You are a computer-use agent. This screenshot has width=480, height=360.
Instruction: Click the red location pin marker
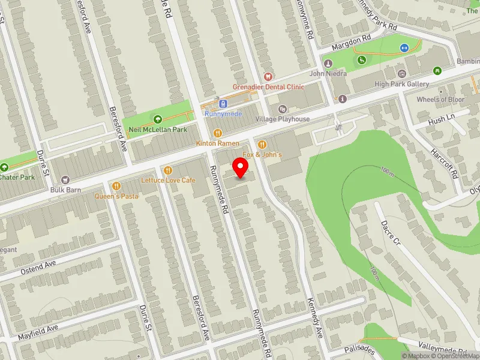click(x=241, y=167)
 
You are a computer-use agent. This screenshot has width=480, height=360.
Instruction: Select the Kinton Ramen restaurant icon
click(x=218, y=133)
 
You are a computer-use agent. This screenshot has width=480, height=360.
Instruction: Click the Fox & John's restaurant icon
click(x=262, y=144)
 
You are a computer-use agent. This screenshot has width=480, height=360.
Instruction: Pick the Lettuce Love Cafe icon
click(x=167, y=170)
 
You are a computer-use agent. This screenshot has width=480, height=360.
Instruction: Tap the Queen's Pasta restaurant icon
click(x=116, y=185)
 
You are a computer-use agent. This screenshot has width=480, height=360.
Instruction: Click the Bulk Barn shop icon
click(x=66, y=179)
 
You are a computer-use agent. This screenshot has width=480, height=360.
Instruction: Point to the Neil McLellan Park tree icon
click(x=158, y=119)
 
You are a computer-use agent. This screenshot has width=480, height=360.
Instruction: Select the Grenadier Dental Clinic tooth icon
click(x=268, y=76)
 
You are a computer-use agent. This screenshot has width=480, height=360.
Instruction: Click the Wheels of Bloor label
click(x=440, y=100)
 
